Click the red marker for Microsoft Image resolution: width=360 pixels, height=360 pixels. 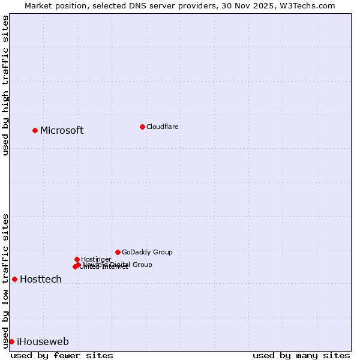tap(35, 130)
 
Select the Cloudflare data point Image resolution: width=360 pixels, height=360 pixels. tap(142, 127)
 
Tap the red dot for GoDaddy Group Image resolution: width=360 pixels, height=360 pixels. tap(118, 252)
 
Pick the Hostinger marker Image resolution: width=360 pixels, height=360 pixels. tap(77, 259)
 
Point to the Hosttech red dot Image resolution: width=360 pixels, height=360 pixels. tap(15, 279)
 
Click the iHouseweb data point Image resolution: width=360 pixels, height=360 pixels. tap(11, 341)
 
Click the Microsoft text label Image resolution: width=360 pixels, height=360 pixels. tap(62, 131)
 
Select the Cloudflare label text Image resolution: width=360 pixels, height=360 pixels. tap(163, 127)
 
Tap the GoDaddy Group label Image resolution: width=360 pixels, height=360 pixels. tap(147, 252)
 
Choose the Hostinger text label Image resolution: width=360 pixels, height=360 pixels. tap(96, 259)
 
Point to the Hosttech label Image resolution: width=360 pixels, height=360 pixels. tap(41, 280)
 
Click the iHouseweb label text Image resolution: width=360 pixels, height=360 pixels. tap(43, 342)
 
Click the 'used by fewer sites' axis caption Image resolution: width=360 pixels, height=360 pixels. tap(62, 355)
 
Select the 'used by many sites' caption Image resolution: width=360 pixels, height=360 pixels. tap(301, 355)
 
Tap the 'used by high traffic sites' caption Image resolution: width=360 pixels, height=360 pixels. tap(6, 85)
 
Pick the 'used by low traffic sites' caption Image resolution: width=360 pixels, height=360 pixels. tap(6, 280)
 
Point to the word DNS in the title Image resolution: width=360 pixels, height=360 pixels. tap(136, 5)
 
